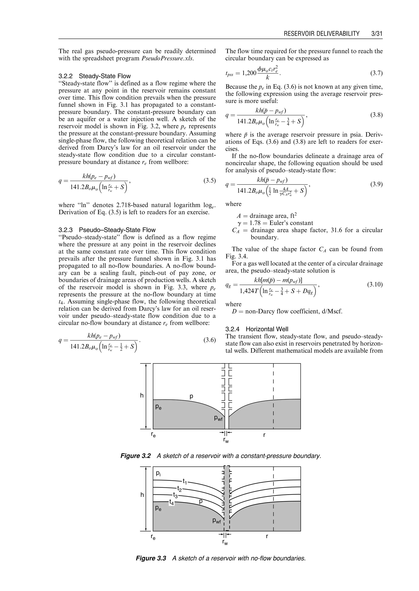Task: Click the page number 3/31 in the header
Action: (x=376, y=34)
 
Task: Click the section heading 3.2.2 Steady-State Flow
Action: (x=95, y=76)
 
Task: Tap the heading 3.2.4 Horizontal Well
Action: (x=257, y=329)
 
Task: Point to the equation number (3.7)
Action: (x=376, y=73)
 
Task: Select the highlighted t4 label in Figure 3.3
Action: (x=172, y=502)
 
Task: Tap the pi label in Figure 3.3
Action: (x=158, y=473)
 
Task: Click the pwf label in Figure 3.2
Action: (x=218, y=419)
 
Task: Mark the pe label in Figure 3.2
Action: (x=158, y=407)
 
